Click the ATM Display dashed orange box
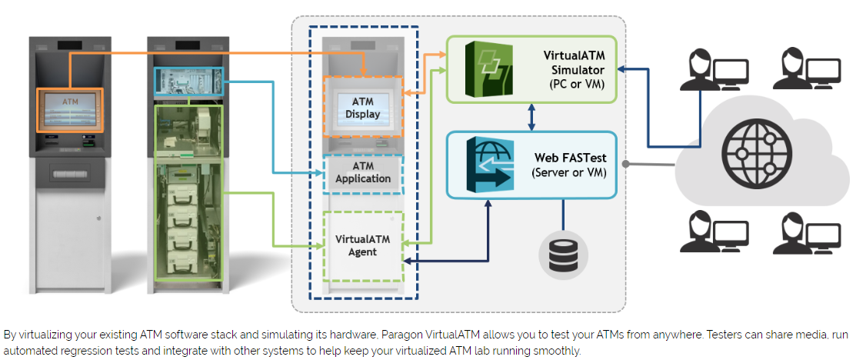[362, 106]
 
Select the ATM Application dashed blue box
[362, 172]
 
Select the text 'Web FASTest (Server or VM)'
[569, 165]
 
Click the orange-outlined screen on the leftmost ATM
[70, 109]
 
